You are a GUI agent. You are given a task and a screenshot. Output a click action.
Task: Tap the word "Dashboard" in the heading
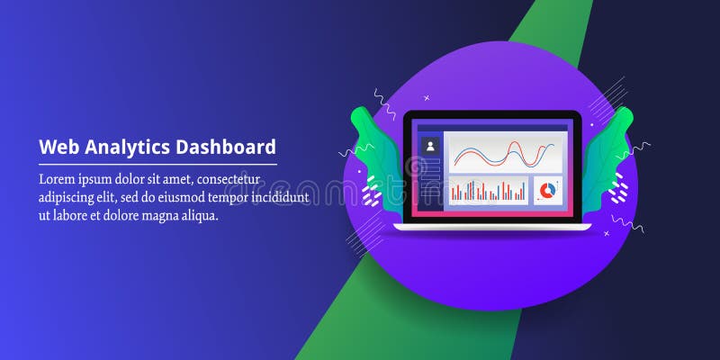pyautogui.click(x=225, y=147)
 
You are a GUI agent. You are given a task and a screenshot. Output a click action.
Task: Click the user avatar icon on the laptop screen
pyautogui.click(x=430, y=145)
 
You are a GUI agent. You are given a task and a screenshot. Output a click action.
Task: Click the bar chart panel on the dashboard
pyautogui.click(x=488, y=190)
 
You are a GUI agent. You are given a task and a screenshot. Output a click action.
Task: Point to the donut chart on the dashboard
pyautogui.click(x=547, y=190)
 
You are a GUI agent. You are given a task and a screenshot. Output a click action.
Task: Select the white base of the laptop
pyautogui.click(x=491, y=226)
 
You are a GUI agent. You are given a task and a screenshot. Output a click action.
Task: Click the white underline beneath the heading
pyautogui.click(x=157, y=165)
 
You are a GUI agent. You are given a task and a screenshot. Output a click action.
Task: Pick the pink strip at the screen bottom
pyautogui.click(x=491, y=213)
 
